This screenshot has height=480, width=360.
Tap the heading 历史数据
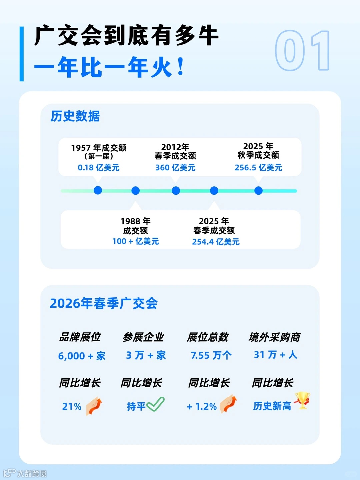[75, 116]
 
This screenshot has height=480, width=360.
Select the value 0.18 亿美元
[99, 167]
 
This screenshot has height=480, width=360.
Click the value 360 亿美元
[175, 167]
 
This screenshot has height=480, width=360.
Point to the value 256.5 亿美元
[258, 167]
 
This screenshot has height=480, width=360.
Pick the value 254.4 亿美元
[216, 242]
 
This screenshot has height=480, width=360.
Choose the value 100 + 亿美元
[136, 241]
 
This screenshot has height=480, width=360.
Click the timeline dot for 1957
[98, 190]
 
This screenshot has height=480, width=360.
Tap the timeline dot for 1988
[136, 191]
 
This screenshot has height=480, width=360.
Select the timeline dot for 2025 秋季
[258, 191]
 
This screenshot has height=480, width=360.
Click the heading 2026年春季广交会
[104, 303]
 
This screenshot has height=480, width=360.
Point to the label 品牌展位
[80, 337]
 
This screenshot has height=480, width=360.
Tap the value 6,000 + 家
[82, 356]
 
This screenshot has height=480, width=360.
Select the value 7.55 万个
[211, 355]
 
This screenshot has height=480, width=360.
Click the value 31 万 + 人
[275, 355]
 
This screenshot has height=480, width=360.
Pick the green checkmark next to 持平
[155, 404]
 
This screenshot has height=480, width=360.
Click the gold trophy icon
[303, 400]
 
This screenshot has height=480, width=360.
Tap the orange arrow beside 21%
[94, 406]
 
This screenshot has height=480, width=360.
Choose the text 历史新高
[272, 406]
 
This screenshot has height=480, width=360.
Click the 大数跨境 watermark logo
[25, 473]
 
